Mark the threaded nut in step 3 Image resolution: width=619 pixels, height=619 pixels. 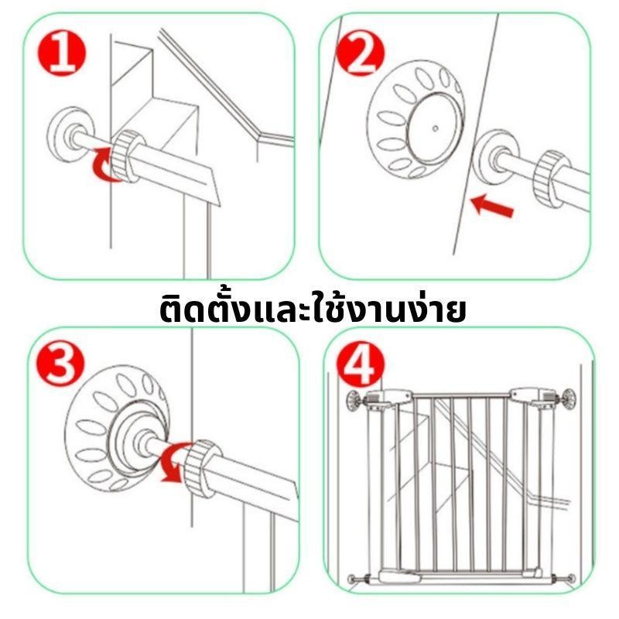coord(203,467)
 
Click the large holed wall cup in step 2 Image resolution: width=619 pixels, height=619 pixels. coord(415,121)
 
